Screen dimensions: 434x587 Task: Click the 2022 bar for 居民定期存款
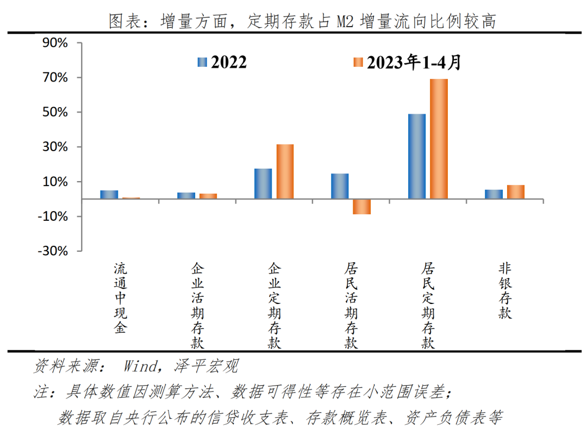pyautogui.click(x=416, y=156)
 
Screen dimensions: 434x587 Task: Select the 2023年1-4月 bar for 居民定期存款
pyautogui.click(x=439, y=139)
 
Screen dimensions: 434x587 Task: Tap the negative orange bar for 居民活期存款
pyautogui.click(x=361, y=207)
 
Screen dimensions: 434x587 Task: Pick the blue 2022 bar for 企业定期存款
pyautogui.click(x=263, y=184)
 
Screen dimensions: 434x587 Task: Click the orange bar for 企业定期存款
pyautogui.click(x=285, y=171)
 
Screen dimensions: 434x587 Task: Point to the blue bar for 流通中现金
pyautogui.click(x=109, y=195)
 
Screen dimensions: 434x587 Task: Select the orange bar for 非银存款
pyautogui.click(x=515, y=192)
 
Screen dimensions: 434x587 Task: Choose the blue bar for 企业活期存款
pyautogui.click(x=186, y=196)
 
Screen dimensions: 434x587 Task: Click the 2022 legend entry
pyautogui.click(x=222, y=63)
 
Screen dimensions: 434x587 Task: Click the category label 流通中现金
pyautogui.click(x=120, y=298)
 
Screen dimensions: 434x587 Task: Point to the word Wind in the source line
pyautogui.click(x=140, y=367)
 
